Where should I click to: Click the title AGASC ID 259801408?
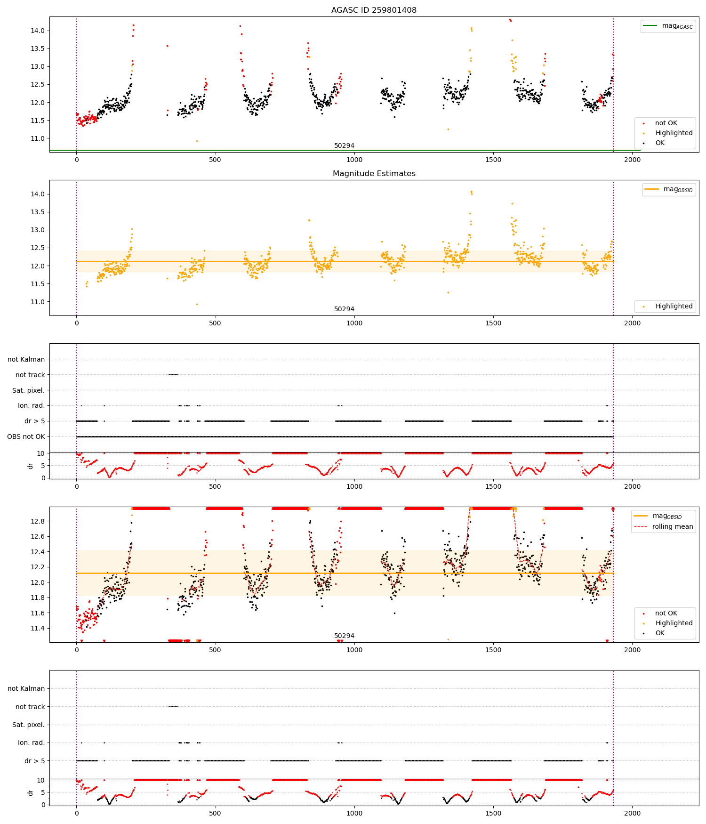coord(374,10)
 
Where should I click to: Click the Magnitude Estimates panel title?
coord(374,174)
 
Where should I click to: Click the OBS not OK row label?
coord(26,436)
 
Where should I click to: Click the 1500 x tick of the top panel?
coord(493,160)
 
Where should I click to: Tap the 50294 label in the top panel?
coord(344,146)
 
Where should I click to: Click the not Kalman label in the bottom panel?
coord(26,688)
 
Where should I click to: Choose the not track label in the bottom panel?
coord(30,707)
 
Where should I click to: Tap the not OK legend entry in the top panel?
coord(666,123)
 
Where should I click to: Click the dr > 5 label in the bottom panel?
coord(34,761)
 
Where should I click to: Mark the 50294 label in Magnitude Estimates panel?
coord(344,309)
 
